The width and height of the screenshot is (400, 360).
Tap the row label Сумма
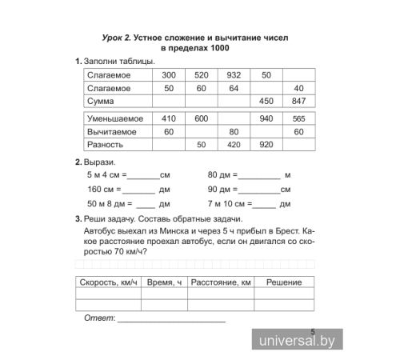point(100,102)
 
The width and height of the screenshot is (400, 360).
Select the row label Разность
point(105,145)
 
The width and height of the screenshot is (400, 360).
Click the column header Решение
point(283,282)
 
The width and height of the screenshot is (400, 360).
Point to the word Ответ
point(98,318)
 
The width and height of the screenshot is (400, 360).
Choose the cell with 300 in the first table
point(168,74)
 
